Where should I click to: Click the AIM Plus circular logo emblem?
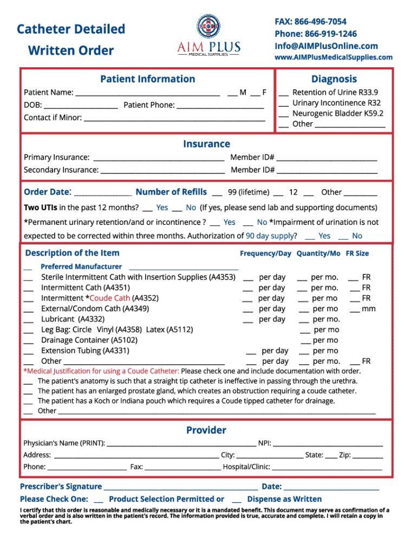pyautogui.click(x=208, y=25)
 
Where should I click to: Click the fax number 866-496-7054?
pyautogui.click(x=320, y=22)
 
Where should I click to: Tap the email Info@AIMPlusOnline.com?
pyautogui.click(x=326, y=46)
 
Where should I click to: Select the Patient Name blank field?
pyautogui.click(x=147, y=93)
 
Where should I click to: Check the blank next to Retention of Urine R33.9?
pyautogui.click(x=283, y=93)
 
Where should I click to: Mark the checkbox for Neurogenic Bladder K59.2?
pyautogui.click(x=283, y=114)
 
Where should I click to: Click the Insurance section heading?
pyautogui.click(x=206, y=144)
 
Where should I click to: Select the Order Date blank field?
pyautogui.click(x=102, y=193)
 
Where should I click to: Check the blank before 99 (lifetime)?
pyautogui.click(x=217, y=193)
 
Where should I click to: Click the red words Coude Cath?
pyautogui.click(x=110, y=298)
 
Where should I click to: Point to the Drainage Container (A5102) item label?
pyautogui.click(x=89, y=340)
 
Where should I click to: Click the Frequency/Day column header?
pyautogui.click(x=265, y=254)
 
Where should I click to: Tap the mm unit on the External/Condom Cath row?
pyautogui.click(x=369, y=309)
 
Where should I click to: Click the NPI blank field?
pyautogui.click(x=328, y=444)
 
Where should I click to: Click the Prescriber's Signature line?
pyautogui.click(x=180, y=487)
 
